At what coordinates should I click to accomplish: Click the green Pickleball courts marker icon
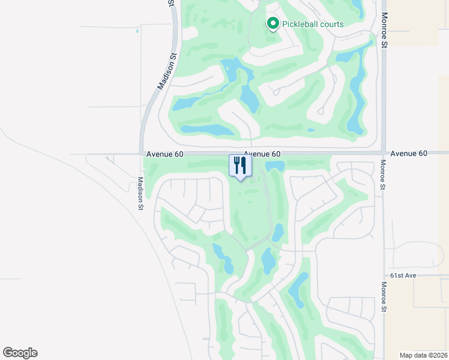(x=273, y=24)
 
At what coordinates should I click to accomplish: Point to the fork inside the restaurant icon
(x=236, y=164)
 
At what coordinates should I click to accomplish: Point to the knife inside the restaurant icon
(x=243, y=164)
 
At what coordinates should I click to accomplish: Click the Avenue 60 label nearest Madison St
(x=164, y=154)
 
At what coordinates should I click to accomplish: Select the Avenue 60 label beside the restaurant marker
(x=262, y=154)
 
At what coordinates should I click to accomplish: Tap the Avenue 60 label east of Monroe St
(x=409, y=154)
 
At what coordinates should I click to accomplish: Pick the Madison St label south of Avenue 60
(x=140, y=193)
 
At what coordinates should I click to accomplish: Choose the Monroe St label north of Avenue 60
(x=384, y=30)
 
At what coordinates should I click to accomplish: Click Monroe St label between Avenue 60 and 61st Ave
(x=382, y=175)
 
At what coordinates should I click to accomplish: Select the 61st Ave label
(x=403, y=275)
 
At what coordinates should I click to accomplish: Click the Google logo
(x=20, y=353)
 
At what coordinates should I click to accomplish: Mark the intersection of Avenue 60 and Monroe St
(x=383, y=154)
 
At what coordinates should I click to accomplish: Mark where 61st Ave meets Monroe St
(x=383, y=275)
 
